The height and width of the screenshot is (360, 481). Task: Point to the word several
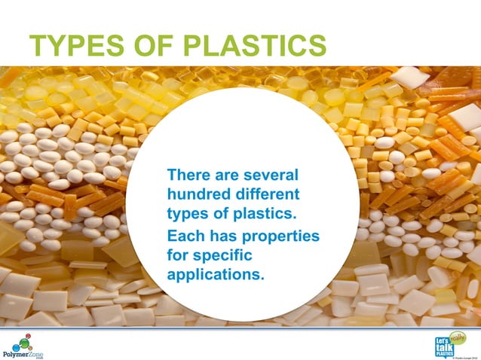click(271, 175)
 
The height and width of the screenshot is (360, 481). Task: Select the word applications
click(215, 274)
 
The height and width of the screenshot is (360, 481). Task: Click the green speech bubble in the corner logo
click(458, 336)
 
